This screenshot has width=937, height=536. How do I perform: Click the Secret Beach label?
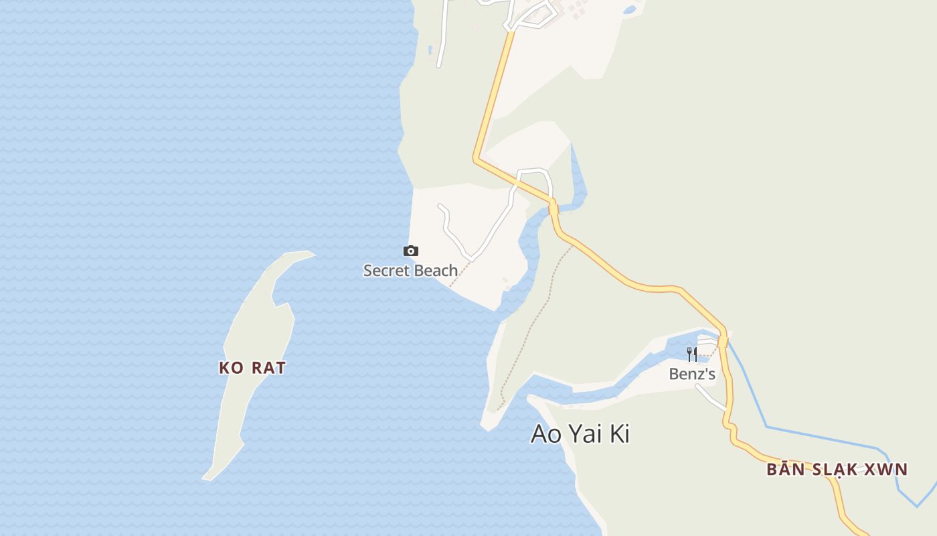pos(410,271)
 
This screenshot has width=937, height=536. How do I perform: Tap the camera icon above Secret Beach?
pos(411,251)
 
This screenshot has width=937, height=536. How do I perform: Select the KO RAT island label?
pos(252,368)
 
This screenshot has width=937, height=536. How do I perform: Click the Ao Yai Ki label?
pos(580,434)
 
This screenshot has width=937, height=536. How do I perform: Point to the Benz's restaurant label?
pos(692,374)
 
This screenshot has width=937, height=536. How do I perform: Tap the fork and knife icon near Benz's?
pos(692,354)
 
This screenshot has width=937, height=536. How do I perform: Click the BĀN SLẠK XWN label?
pos(837,470)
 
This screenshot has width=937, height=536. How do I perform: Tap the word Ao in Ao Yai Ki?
pos(546,434)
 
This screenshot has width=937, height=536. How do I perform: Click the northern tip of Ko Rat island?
pos(312,253)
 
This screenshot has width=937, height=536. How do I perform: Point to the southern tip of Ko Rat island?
pos(205,478)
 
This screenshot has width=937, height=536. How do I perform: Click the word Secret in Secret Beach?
pos(385,271)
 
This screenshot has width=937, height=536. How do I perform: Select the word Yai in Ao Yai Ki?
pos(586,434)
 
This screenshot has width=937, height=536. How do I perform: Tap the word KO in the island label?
pos(231,368)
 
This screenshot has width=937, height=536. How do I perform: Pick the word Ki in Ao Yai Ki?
pos(620,434)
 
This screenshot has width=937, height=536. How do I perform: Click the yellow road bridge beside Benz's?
pos(723,340)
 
